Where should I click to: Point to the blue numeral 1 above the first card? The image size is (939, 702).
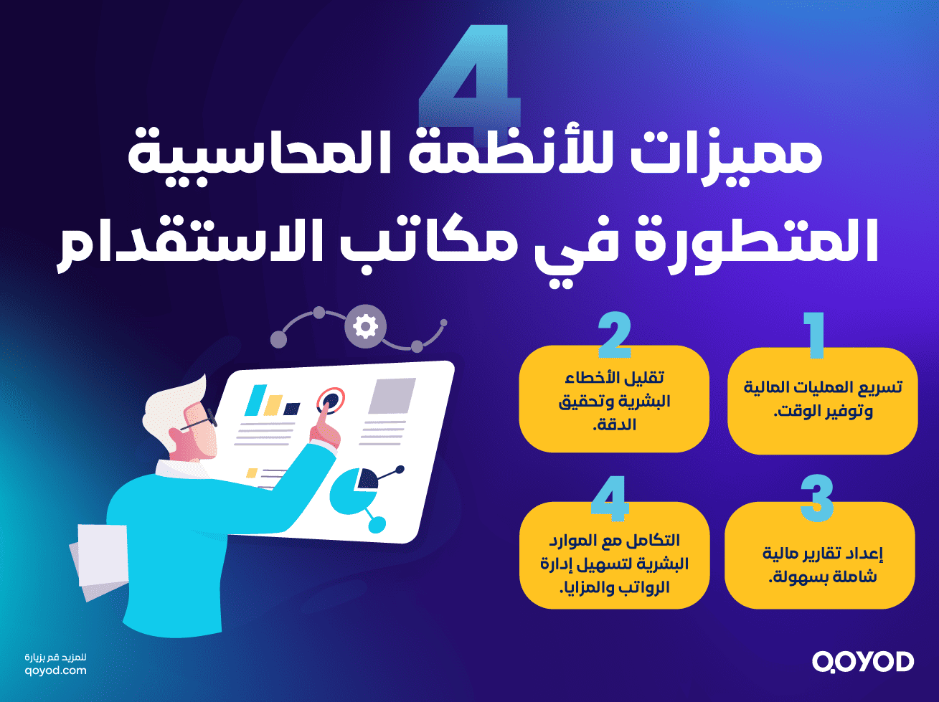814,335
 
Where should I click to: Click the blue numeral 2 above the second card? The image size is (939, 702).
614,335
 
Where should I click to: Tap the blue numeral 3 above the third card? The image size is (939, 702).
816,498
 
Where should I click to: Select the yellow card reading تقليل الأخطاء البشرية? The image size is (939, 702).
614,400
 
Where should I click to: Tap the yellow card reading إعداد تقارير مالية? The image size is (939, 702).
819,556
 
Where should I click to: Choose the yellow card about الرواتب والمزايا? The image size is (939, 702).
614,556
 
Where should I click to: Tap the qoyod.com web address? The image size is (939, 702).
55,671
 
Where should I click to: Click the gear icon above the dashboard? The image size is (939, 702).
365,326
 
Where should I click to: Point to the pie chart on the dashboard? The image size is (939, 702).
355,488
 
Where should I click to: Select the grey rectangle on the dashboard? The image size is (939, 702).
392,396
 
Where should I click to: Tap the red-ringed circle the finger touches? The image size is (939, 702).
331,399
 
